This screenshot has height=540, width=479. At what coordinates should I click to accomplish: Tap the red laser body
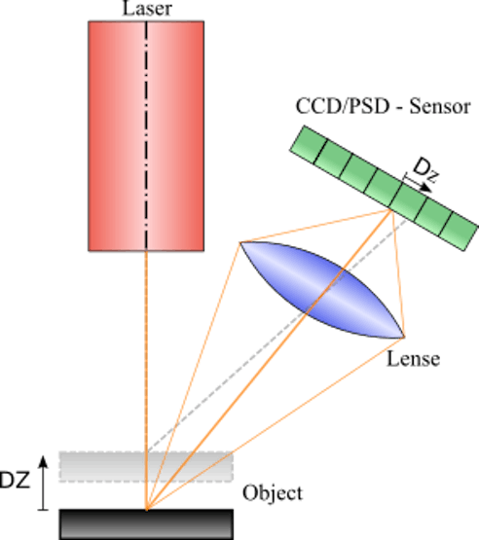[x=146, y=136]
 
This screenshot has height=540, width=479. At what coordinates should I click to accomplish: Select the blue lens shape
[x=321, y=290]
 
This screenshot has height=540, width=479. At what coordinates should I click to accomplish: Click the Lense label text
[x=413, y=359]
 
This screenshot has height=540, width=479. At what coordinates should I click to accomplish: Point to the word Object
[x=273, y=493]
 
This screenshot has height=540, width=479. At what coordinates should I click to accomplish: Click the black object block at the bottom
[x=146, y=524]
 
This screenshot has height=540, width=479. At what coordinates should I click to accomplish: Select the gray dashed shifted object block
[x=146, y=466]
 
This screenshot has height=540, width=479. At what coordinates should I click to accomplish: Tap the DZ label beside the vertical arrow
[x=15, y=480]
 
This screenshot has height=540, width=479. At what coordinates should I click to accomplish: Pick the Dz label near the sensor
[x=426, y=169]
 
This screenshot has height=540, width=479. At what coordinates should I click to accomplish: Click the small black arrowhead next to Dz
[x=427, y=189]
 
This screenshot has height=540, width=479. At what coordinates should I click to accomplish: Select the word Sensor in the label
[x=440, y=106]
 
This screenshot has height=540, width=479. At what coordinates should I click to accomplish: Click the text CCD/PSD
[x=342, y=106]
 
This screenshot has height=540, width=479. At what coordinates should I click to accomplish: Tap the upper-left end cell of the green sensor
[x=308, y=145]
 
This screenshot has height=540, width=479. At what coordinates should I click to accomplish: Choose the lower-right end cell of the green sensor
[x=460, y=233]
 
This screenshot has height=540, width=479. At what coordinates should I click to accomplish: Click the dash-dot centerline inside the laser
[x=146, y=134]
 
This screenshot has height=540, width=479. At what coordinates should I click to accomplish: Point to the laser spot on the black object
[x=146, y=509]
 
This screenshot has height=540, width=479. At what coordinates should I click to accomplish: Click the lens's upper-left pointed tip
[x=240, y=243]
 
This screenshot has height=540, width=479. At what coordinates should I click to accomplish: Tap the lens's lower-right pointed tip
[x=403, y=337]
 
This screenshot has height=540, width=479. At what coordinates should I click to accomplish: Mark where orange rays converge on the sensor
[x=390, y=210]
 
